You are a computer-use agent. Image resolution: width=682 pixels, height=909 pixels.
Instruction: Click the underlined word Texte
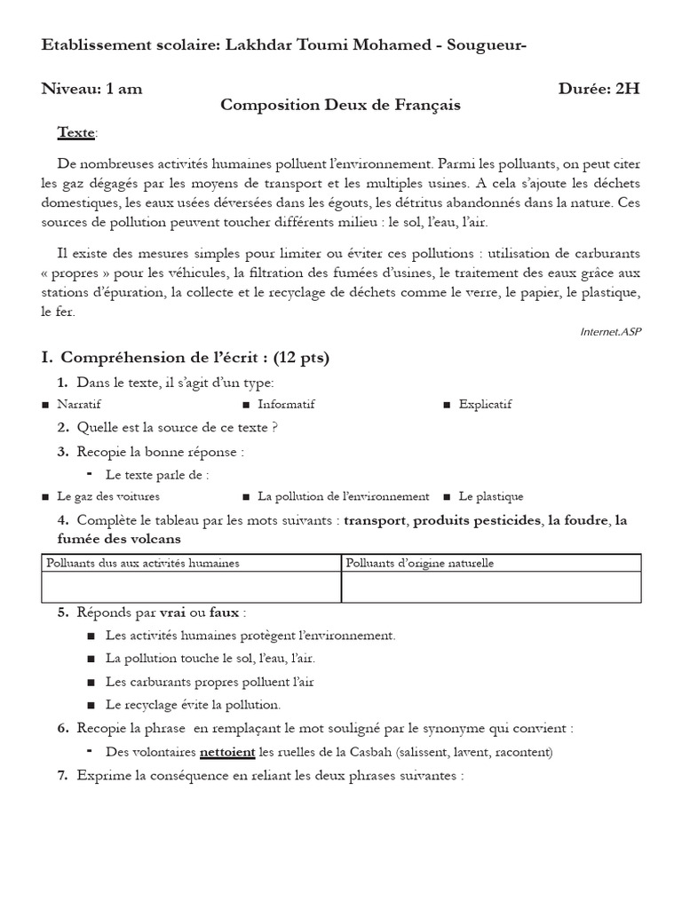[x=75, y=132]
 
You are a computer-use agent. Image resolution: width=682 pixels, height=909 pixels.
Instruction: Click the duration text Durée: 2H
[x=599, y=88]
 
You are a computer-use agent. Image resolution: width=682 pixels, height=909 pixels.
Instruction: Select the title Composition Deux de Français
[x=340, y=105]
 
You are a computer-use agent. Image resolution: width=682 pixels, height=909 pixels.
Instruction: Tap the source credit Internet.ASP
[x=610, y=331]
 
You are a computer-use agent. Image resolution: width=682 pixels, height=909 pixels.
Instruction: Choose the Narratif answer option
[x=78, y=404]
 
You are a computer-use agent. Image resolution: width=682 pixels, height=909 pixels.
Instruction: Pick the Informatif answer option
[x=286, y=404]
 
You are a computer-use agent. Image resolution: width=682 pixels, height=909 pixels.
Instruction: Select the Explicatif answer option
[x=485, y=404]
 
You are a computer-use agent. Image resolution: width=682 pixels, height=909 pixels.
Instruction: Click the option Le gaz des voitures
[x=108, y=496]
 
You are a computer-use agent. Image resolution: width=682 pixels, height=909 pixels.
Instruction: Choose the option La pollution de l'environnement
[x=343, y=496]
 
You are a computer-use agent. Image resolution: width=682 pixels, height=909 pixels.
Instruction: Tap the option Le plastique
[x=491, y=496]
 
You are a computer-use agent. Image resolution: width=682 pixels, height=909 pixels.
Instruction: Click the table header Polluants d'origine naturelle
[x=419, y=563]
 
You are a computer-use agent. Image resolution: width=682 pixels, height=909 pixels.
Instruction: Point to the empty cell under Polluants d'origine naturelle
[x=491, y=587]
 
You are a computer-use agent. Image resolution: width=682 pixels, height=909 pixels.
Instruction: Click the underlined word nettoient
[x=226, y=752]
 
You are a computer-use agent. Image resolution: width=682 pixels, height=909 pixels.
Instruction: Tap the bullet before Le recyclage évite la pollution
[x=93, y=705]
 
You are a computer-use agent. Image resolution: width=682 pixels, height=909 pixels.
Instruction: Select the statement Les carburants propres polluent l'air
[x=210, y=682]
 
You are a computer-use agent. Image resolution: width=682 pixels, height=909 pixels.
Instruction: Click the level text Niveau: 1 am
[x=91, y=88]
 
